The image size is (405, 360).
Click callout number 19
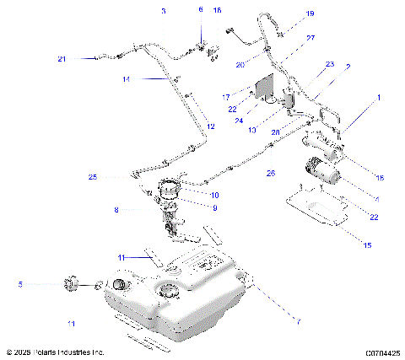pyautogui.click(x=286, y=13)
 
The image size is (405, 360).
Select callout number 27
pyautogui.click(x=287, y=38)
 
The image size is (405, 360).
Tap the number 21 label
pyautogui.click(x=62, y=58)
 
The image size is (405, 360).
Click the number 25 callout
pyautogui.click(x=93, y=177)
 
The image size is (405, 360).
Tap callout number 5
pyautogui.click(x=20, y=285)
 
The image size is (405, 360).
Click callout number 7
pyautogui.click(x=297, y=321)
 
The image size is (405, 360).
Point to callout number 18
pyautogui.click(x=379, y=177)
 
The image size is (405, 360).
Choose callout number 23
pyautogui.click(x=329, y=64)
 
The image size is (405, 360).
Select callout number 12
pyautogui.click(x=211, y=126)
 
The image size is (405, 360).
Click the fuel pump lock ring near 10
pyautogui.click(x=170, y=187)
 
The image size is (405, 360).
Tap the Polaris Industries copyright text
pyautogui.click(x=55, y=352)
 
